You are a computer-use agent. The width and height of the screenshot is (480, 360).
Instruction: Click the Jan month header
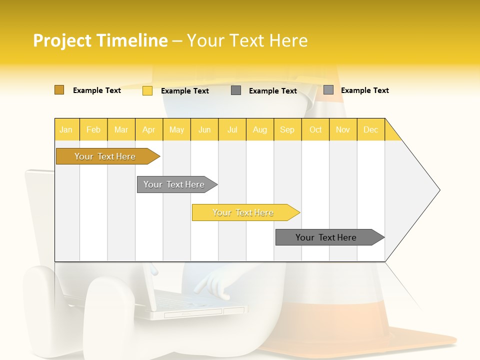[x=66, y=129]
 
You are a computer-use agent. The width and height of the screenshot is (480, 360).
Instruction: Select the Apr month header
[x=148, y=129]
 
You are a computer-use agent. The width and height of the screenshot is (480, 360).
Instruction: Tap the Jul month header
[x=232, y=129]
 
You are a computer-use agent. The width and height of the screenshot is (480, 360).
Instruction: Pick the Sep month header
[x=287, y=129]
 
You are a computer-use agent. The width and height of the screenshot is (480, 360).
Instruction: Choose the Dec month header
[x=370, y=129]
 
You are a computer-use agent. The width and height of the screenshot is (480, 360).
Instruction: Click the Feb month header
[x=93, y=129]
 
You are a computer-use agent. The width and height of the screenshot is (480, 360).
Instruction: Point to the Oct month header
[x=315, y=129]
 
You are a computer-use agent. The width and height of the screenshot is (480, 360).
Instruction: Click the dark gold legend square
[x=59, y=90]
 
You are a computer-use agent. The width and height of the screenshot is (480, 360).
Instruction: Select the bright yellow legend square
[x=147, y=90]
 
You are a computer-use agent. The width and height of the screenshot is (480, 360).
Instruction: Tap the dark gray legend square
[x=236, y=90]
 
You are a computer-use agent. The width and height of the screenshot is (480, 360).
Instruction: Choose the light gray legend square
[x=328, y=90]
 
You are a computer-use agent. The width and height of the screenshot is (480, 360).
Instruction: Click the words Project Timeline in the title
[x=100, y=40]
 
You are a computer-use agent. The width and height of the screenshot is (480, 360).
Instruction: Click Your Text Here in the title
[x=247, y=40]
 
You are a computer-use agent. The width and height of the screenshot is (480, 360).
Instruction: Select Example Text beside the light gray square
[x=364, y=90]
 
